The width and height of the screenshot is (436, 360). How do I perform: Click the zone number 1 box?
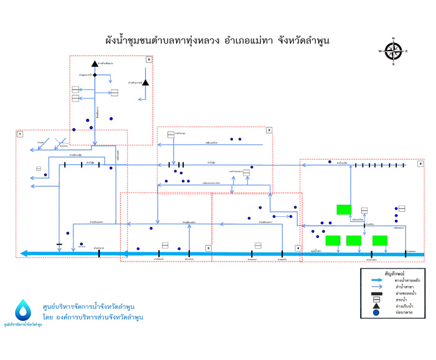(x=20, y=134)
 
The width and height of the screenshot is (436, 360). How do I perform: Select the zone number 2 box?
(x=269, y=130)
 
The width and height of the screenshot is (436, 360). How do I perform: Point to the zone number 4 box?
(x=298, y=248)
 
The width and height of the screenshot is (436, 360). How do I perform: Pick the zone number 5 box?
(x=420, y=163)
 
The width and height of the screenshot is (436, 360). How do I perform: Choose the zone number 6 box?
(x=148, y=59)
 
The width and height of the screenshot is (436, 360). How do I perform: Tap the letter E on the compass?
(x=407, y=51)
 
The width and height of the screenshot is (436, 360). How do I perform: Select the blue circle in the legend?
(x=376, y=313)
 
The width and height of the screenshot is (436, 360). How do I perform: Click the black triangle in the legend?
(x=376, y=305)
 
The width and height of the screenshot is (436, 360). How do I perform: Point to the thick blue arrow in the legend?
(x=376, y=280)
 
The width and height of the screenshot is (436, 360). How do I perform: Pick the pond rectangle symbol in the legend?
(x=376, y=297)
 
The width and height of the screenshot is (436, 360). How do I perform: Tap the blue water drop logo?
(x=24, y=310)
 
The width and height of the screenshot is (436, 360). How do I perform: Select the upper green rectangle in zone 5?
(x=344, y=209)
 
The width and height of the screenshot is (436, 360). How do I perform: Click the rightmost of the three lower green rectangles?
(x=380, y=240)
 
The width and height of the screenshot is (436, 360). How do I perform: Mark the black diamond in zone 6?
(x=95, y=75)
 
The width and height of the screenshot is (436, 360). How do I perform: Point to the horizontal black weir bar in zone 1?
(x=59, y=244)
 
